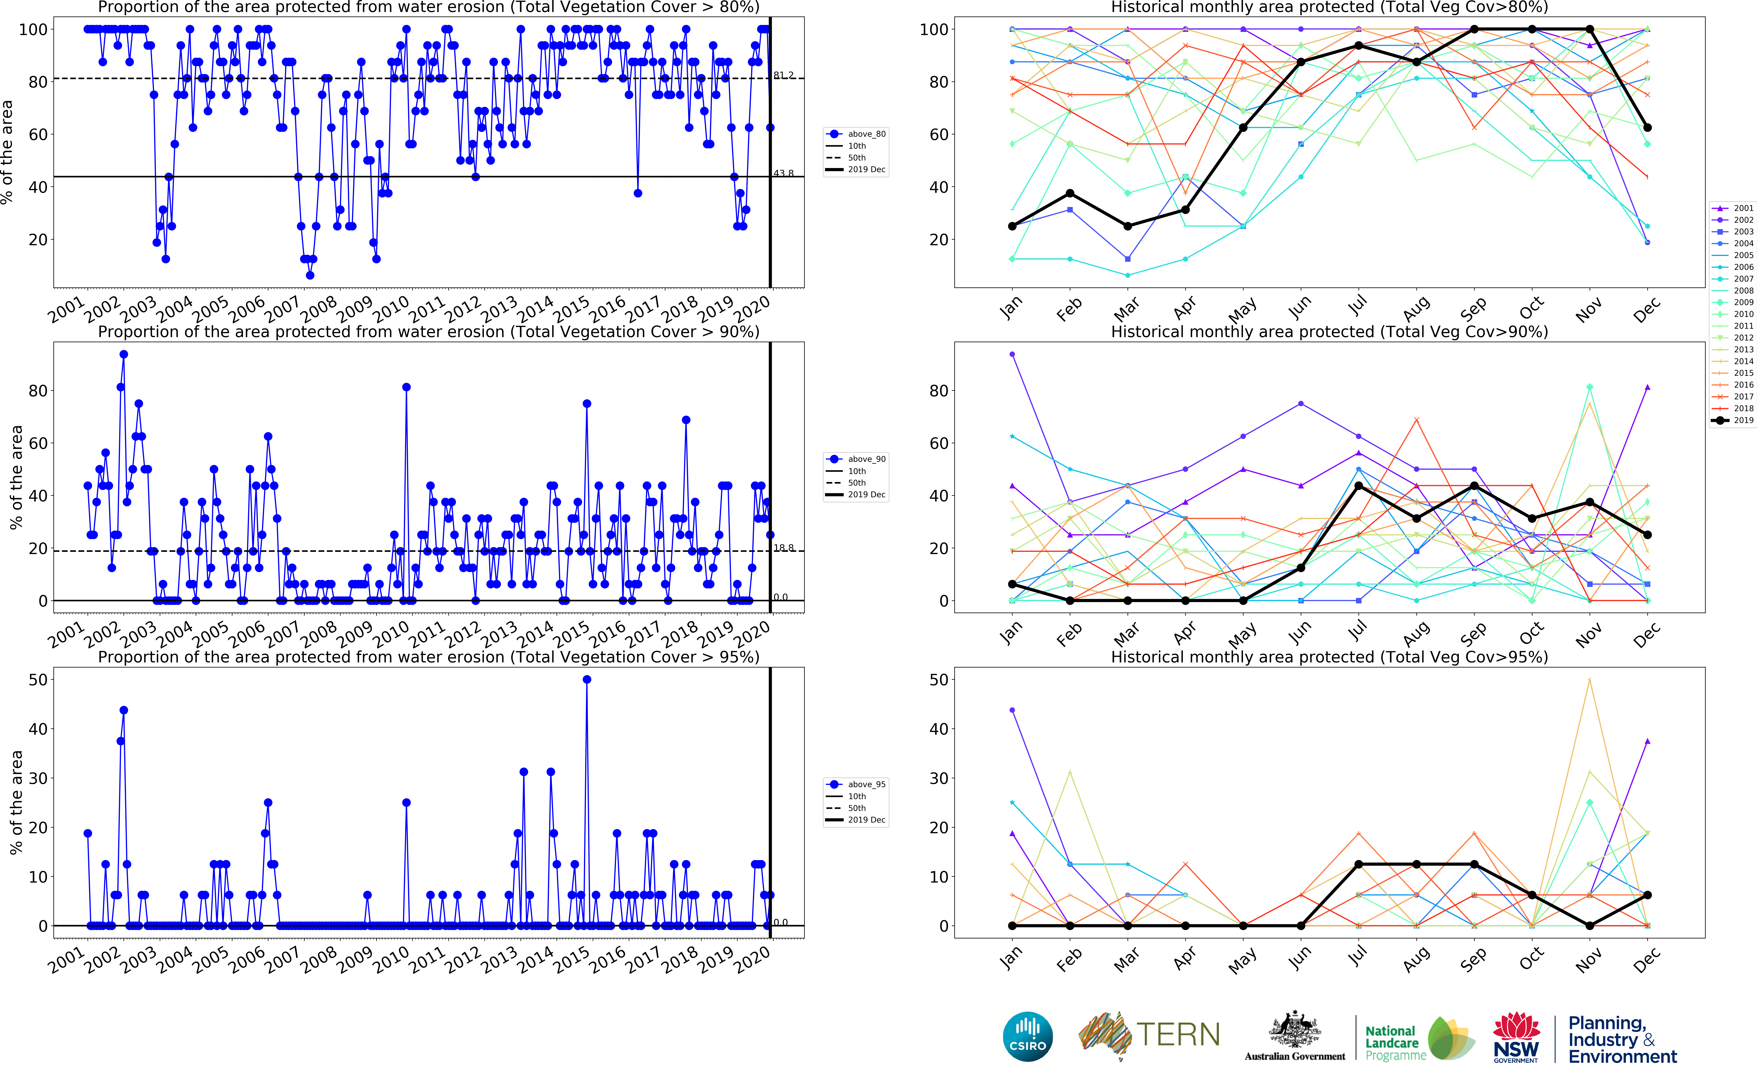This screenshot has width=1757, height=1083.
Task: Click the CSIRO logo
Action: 1028,1036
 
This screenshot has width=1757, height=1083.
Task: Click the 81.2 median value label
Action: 783,75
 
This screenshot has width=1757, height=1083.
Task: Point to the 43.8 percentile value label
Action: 783,173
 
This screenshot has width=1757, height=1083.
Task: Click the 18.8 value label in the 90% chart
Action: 783,548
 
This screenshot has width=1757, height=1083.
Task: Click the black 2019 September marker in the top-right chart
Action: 1474,29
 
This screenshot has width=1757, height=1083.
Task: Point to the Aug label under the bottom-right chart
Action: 1415,960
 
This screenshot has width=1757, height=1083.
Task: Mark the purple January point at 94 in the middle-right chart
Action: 1012,354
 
